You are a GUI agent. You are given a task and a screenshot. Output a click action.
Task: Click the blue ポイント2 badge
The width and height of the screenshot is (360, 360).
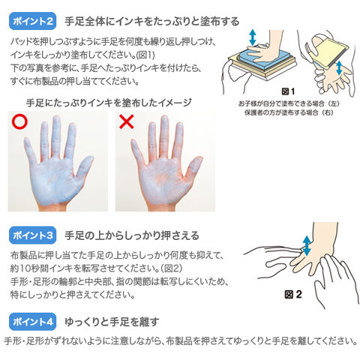tap(32, 21)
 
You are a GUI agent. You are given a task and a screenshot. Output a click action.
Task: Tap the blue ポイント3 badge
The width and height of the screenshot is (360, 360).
tap(32, 235)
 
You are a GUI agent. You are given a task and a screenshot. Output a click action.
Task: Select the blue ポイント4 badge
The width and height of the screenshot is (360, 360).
tap(32, 322)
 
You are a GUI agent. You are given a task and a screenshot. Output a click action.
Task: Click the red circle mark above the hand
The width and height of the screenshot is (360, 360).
tap(19, 121)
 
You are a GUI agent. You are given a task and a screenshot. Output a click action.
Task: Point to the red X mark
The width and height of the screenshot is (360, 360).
tap(127, 121)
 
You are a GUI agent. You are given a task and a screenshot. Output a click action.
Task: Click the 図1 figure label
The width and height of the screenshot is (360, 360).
tap(288, 91)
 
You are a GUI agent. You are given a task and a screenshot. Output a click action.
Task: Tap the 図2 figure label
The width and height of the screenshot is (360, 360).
tap(293, 294)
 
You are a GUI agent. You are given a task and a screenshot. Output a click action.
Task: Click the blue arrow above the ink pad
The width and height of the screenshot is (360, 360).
tap(253, 37)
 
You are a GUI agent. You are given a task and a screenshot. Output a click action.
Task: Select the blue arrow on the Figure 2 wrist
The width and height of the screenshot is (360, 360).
tap(307, 245)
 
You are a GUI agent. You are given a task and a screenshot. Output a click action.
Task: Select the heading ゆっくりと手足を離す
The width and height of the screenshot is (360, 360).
tap(112, 322)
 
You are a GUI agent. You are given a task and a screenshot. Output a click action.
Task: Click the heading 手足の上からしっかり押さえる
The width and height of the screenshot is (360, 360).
tap(132, 235)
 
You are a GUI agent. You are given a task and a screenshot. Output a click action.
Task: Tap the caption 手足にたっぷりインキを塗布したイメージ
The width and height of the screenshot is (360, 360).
tap(109, 103)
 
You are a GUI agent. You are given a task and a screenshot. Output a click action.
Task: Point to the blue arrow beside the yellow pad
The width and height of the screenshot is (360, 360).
tap(339, 67)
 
